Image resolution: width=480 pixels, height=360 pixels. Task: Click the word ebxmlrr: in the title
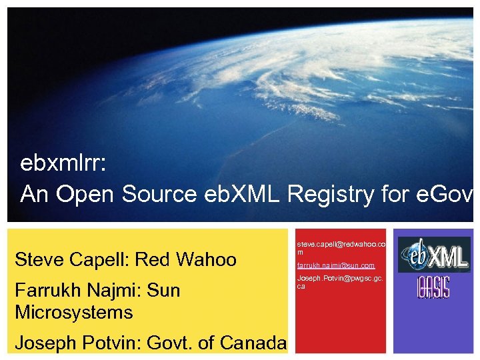(x=58, y=163)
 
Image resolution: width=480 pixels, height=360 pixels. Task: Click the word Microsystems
(x=73, y=312)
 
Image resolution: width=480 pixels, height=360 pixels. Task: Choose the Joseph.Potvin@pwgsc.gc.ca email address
(x=340, y=281)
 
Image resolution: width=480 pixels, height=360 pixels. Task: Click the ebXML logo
(x=433, y=254)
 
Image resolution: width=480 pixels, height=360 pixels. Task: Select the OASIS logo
(x=433, y=287)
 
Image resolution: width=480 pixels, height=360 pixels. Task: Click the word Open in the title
(x=82, y=194)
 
